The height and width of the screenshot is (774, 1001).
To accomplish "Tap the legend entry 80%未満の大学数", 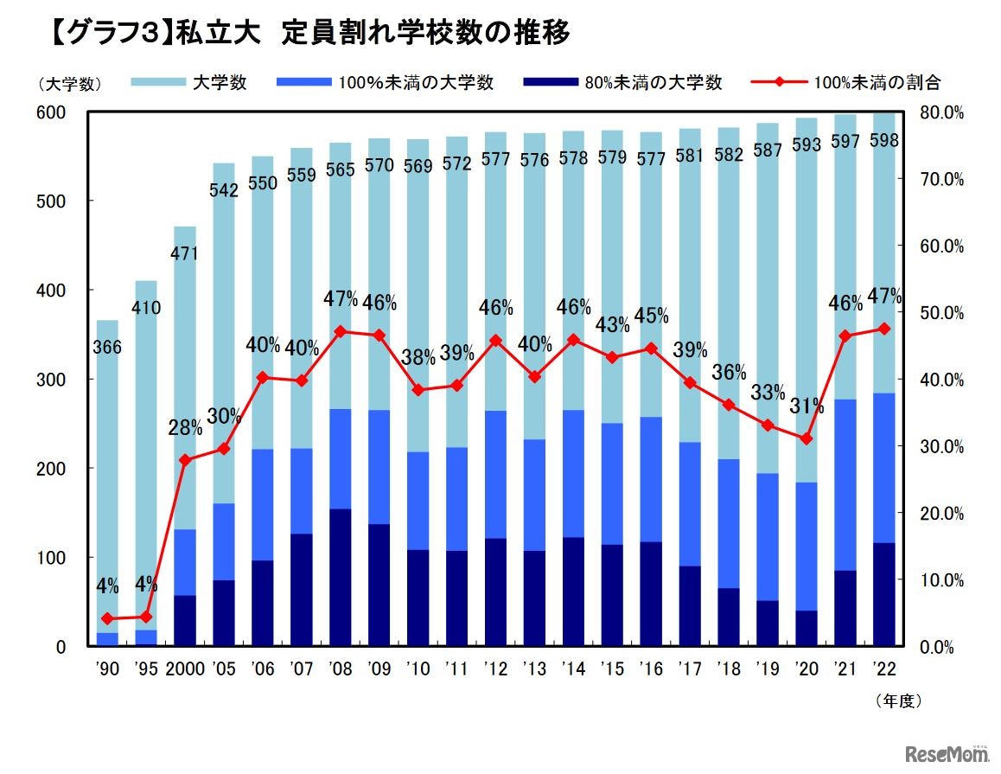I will pos(665,83).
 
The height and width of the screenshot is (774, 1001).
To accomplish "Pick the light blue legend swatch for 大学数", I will pos(158,83).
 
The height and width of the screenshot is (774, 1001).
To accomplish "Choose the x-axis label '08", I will pos(341,668).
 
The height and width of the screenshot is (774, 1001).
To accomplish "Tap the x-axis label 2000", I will pos(184,668).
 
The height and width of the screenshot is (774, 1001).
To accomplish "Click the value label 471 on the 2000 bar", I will pos(185,254).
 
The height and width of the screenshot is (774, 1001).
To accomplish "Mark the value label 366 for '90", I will pos(107,348).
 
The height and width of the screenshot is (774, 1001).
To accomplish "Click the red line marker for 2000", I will pos(185,460).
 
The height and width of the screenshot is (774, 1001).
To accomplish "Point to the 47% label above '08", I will pos(341,299).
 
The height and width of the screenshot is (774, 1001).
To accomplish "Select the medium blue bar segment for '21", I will pos(845,485).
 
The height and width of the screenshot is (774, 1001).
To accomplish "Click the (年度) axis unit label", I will pos(898,700).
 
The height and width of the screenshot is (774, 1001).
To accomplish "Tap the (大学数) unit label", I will pos(70,84).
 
